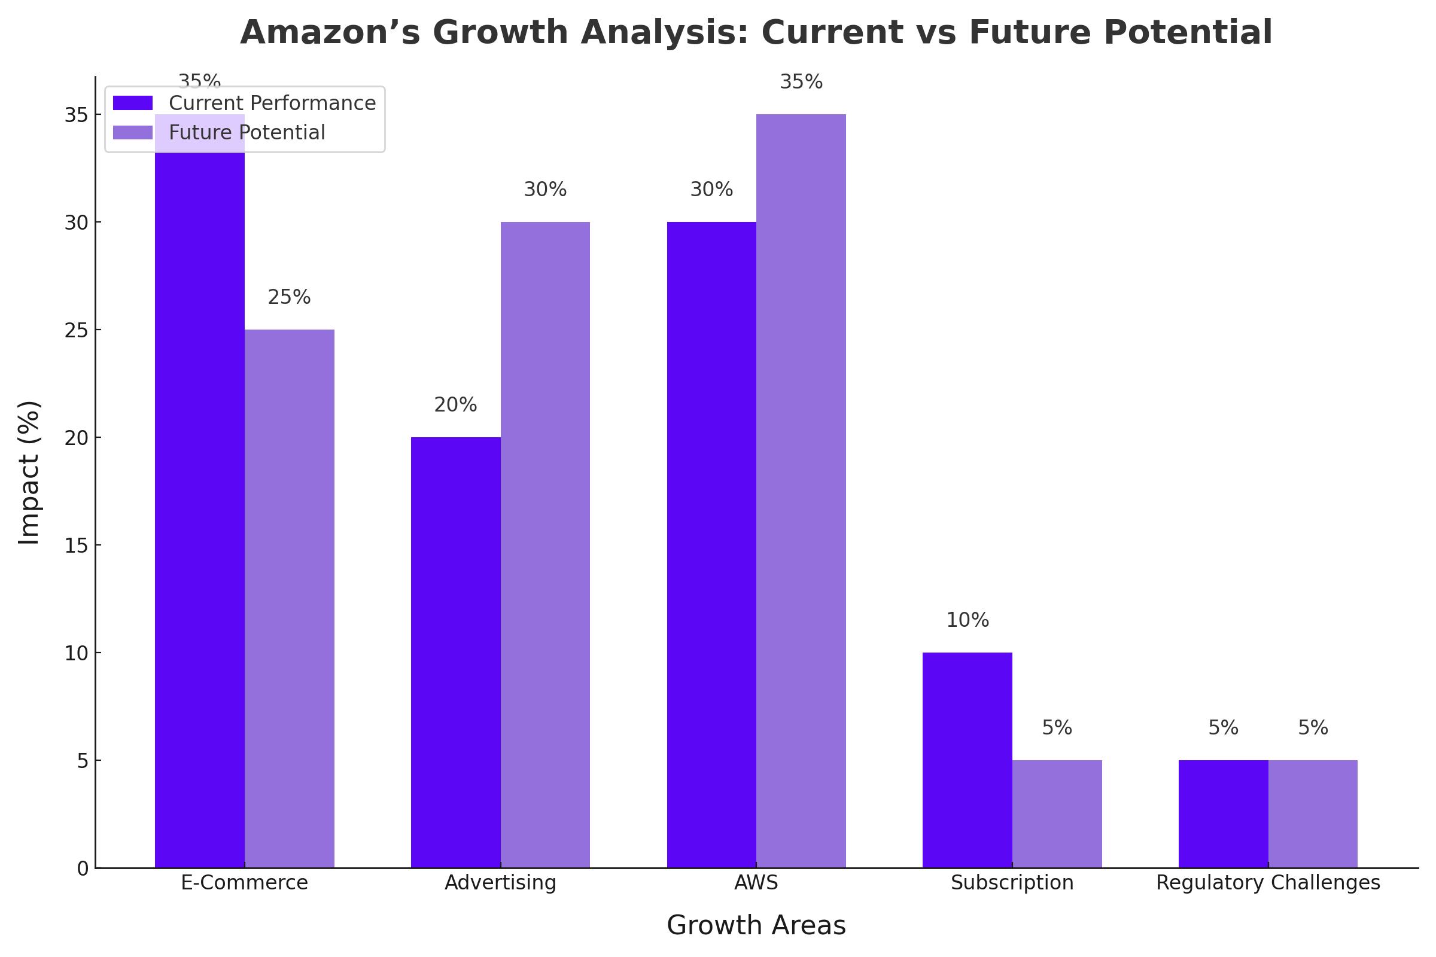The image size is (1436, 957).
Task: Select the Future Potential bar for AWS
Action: pos(801,490)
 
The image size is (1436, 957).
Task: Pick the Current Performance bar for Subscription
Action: pos(967,760)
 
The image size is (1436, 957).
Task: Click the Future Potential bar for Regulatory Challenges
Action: pos(1313,813)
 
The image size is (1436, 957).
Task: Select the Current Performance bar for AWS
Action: pos(711,544)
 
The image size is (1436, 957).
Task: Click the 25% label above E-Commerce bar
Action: pos(290,297)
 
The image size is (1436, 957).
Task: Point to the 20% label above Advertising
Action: pos(455,405)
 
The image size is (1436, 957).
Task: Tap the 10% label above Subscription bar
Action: pos(967,620)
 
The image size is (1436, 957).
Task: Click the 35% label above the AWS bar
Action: pos(801,82)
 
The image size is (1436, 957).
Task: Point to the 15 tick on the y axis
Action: pos(77,545)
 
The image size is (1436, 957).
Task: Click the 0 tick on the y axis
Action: pos(83,868)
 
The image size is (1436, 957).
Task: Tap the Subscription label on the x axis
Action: pos(1012,883)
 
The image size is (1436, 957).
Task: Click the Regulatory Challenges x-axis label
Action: pos(1268,883)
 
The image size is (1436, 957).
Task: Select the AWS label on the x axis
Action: pos(756,883)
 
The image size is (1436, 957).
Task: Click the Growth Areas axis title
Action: pos(756,926)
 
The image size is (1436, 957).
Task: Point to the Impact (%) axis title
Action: pos(29,473)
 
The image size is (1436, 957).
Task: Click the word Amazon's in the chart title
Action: pos(330,32)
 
